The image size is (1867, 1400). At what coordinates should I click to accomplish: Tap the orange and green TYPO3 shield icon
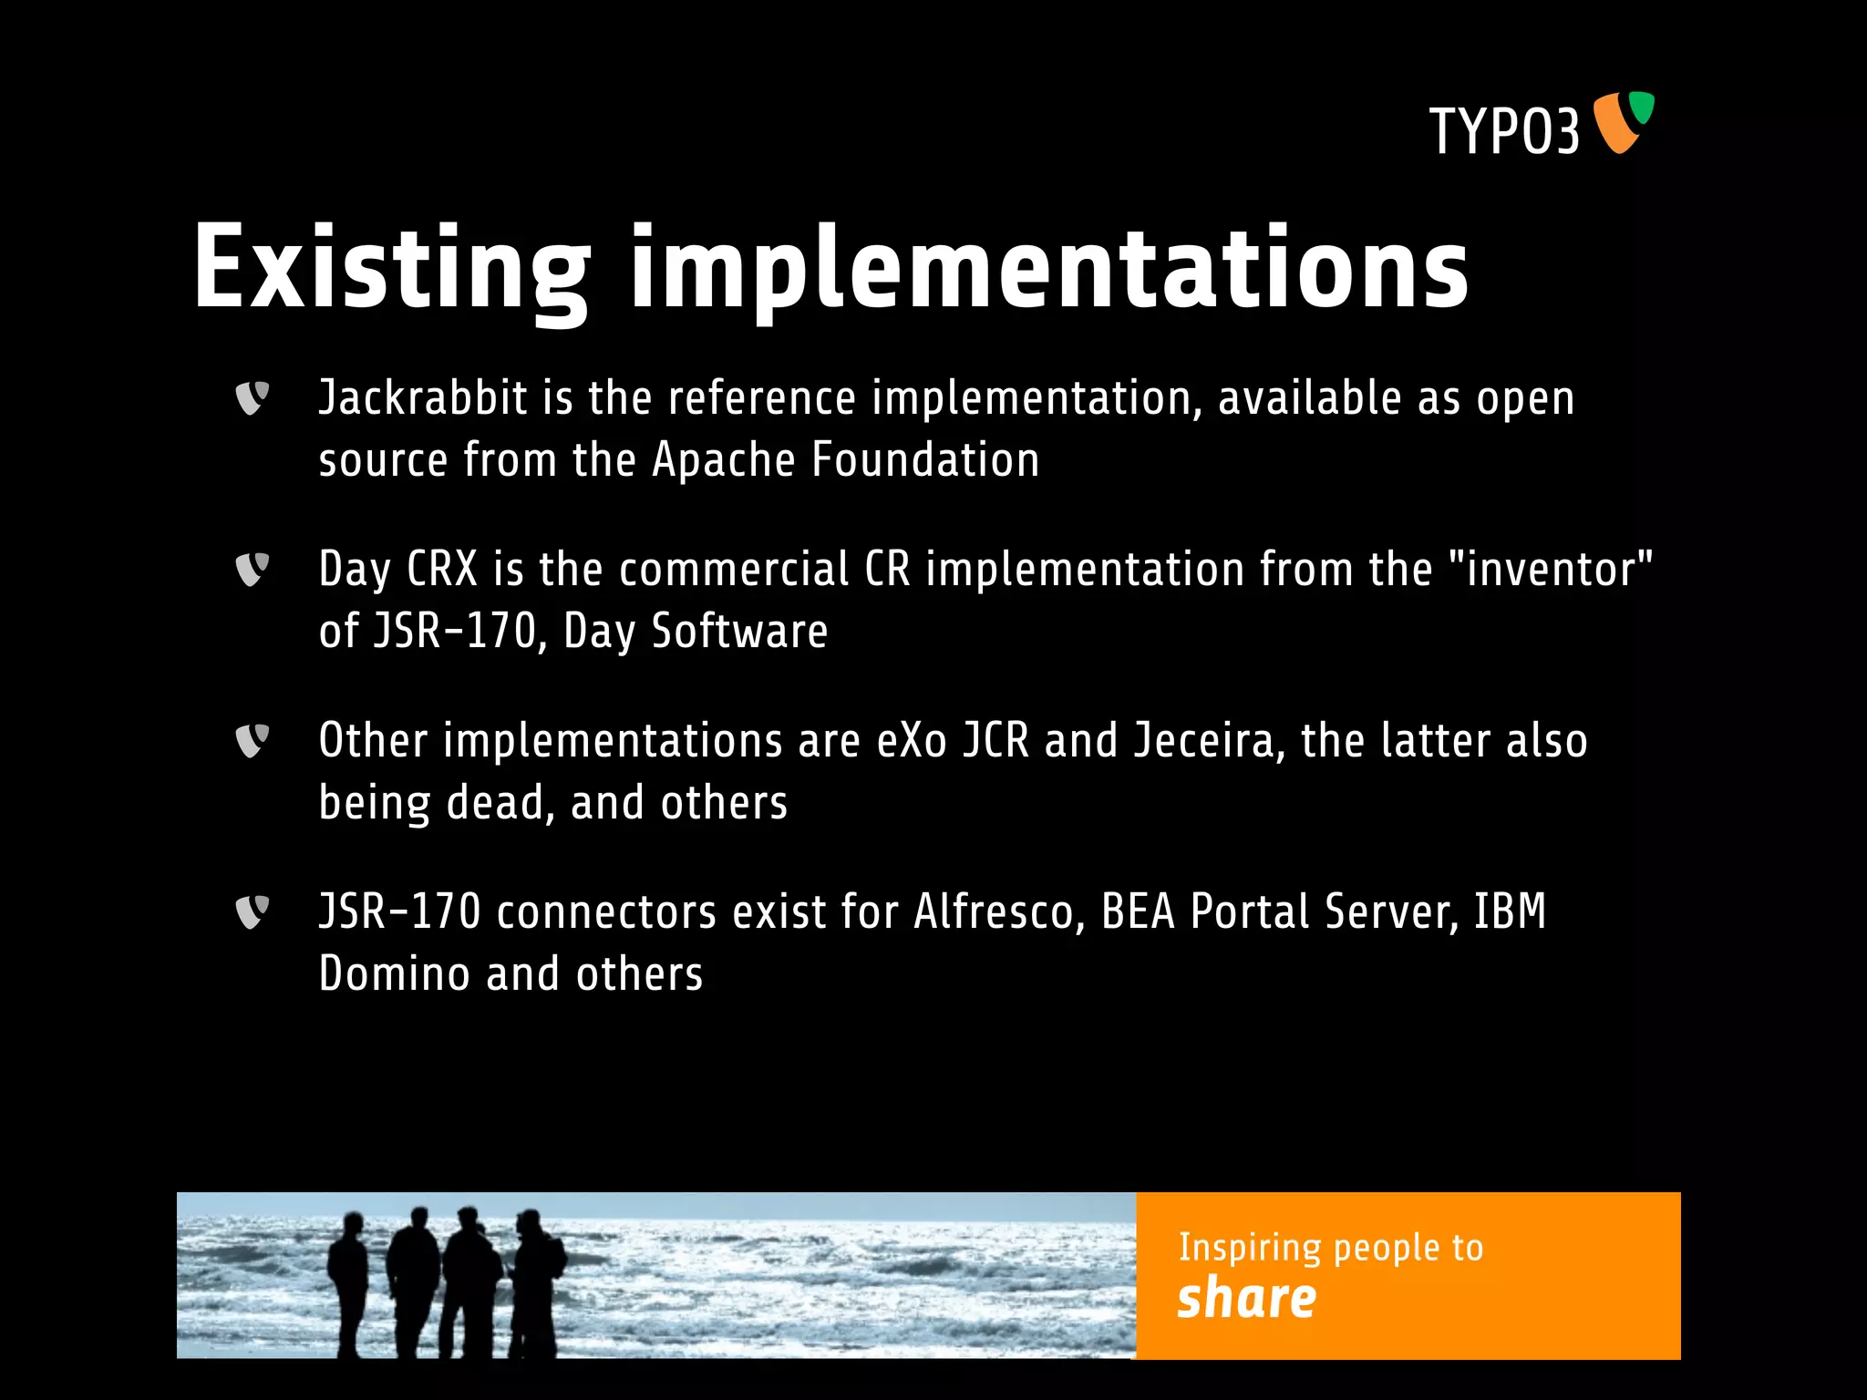point(1623,121)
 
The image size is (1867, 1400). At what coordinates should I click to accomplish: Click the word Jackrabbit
point(423,399)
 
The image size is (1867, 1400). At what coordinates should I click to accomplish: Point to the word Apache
point(724,460)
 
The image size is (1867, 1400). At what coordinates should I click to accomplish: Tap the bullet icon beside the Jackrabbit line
point(252,397)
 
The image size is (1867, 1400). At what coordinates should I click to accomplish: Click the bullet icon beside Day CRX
point(252,569)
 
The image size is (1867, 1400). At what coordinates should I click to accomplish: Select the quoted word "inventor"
point(1550,569)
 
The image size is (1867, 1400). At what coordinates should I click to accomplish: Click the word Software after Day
point(739,631)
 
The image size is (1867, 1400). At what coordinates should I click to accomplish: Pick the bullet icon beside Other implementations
point(252,740)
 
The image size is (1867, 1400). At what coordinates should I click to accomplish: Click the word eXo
point(912,740)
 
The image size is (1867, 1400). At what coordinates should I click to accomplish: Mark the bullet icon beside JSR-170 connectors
point(252,911)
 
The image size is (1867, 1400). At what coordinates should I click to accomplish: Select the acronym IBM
point(1510,911)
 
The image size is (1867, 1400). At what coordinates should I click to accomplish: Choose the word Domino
point(394,974)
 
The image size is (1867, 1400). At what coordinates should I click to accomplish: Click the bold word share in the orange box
point(1246,1298)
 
